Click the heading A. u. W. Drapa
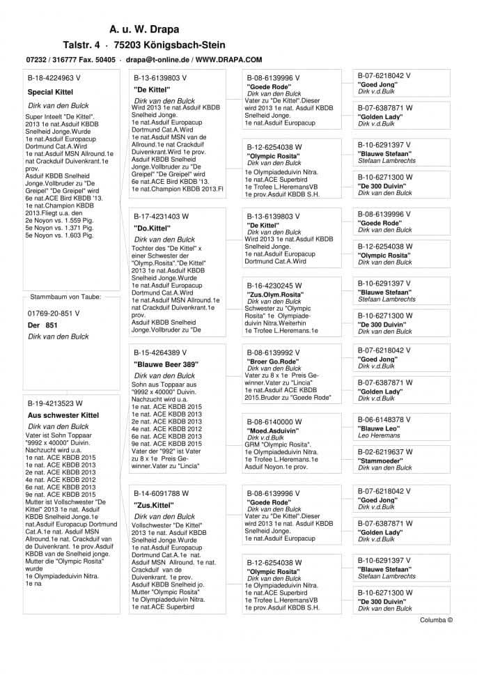click(x=144, y=29)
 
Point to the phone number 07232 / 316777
click(x=50, y=60)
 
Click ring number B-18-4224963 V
click(x=54, y=79)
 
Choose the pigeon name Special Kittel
click(x=50, y=92)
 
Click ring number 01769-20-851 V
click(x=54, y=313)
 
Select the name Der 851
click(x=42, y=325)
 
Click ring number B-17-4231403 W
click(x=161, y=217)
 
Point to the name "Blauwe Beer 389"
click(x=166, y=364)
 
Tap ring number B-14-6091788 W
click(x=161, y=493)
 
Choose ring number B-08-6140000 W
click(x=274, y=421)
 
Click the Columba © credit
click(x=436, y=619)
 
